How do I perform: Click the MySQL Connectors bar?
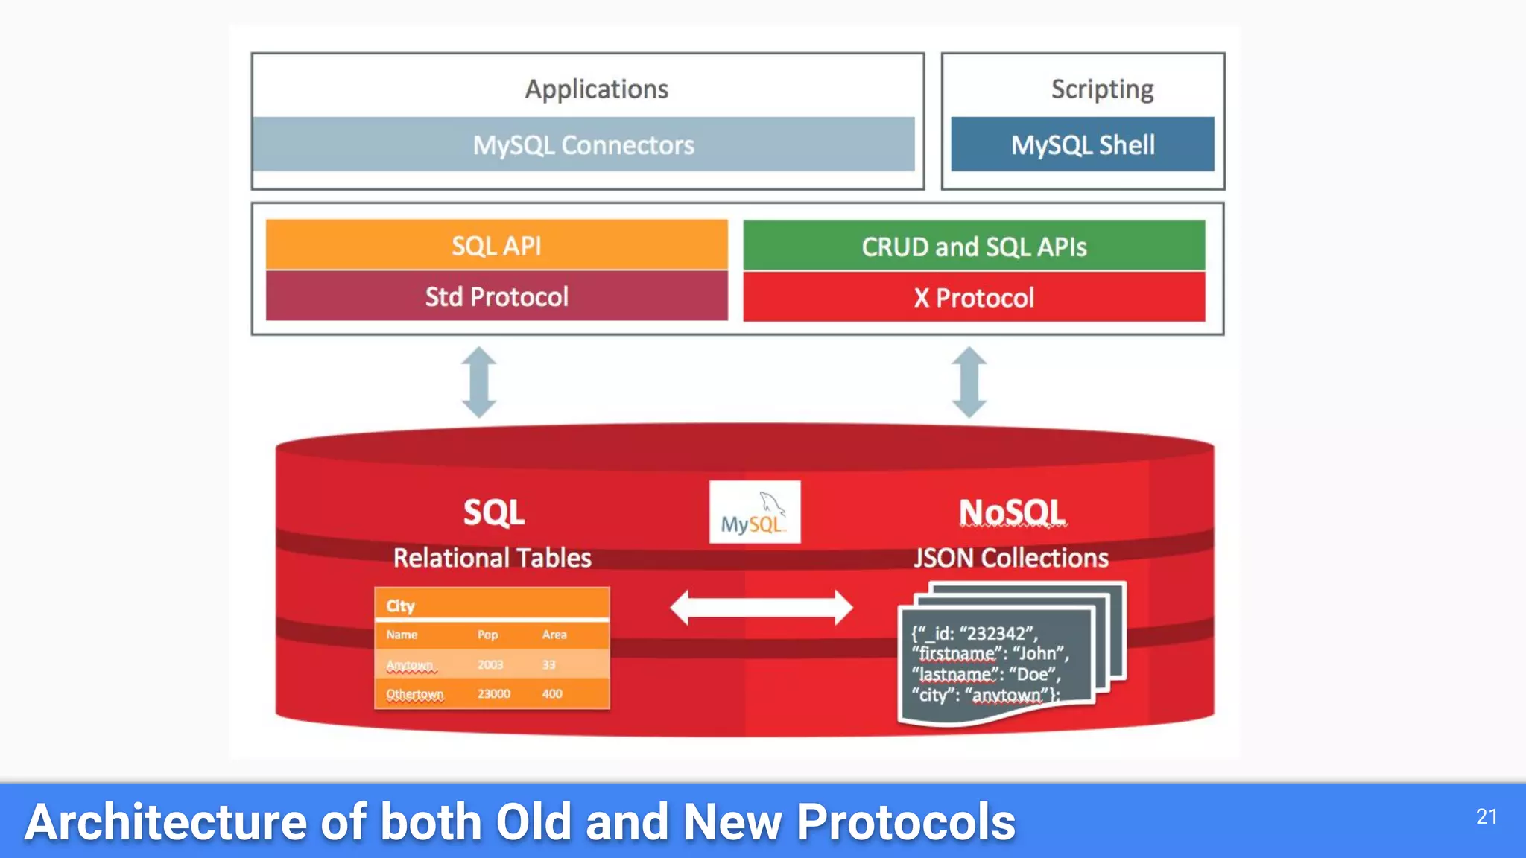(583, 144)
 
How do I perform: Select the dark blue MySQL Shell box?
(1082, 144)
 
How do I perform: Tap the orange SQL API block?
(496, 245)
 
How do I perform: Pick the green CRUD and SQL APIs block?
(974, 246)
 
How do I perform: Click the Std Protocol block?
(496, 296)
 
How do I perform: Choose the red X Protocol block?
(974, 297)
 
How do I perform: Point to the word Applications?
(596, 89)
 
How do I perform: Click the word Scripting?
(1102, 89)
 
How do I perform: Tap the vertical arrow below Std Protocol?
(478, 382)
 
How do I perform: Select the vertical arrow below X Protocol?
(969, 382)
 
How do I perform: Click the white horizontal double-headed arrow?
(761, 608)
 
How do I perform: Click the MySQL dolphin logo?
(754, 512)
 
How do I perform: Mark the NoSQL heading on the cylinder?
(1012, 512)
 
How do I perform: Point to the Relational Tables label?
(492, 558)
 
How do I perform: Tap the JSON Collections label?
(1011, 558)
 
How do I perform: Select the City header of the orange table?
(400, 606)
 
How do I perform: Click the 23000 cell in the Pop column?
(493, 693)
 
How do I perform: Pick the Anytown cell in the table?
(409, 664)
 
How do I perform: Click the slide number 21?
(1487, 816)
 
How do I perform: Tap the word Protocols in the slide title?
(905, 822)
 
